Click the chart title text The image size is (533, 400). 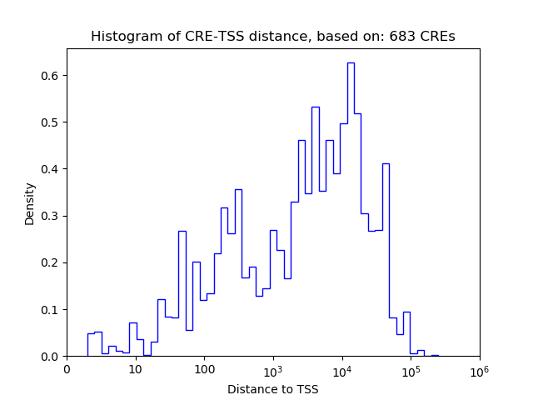[272, 37]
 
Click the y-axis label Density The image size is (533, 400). [30, 203]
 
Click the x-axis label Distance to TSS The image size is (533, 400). [273, 389]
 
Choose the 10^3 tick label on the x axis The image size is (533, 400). [273, 369]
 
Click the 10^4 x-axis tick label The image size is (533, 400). [342, 369]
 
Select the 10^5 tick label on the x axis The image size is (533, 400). [411, 369]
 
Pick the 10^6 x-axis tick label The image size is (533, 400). [480, 369]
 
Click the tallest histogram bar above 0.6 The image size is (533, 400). [351, 208]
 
